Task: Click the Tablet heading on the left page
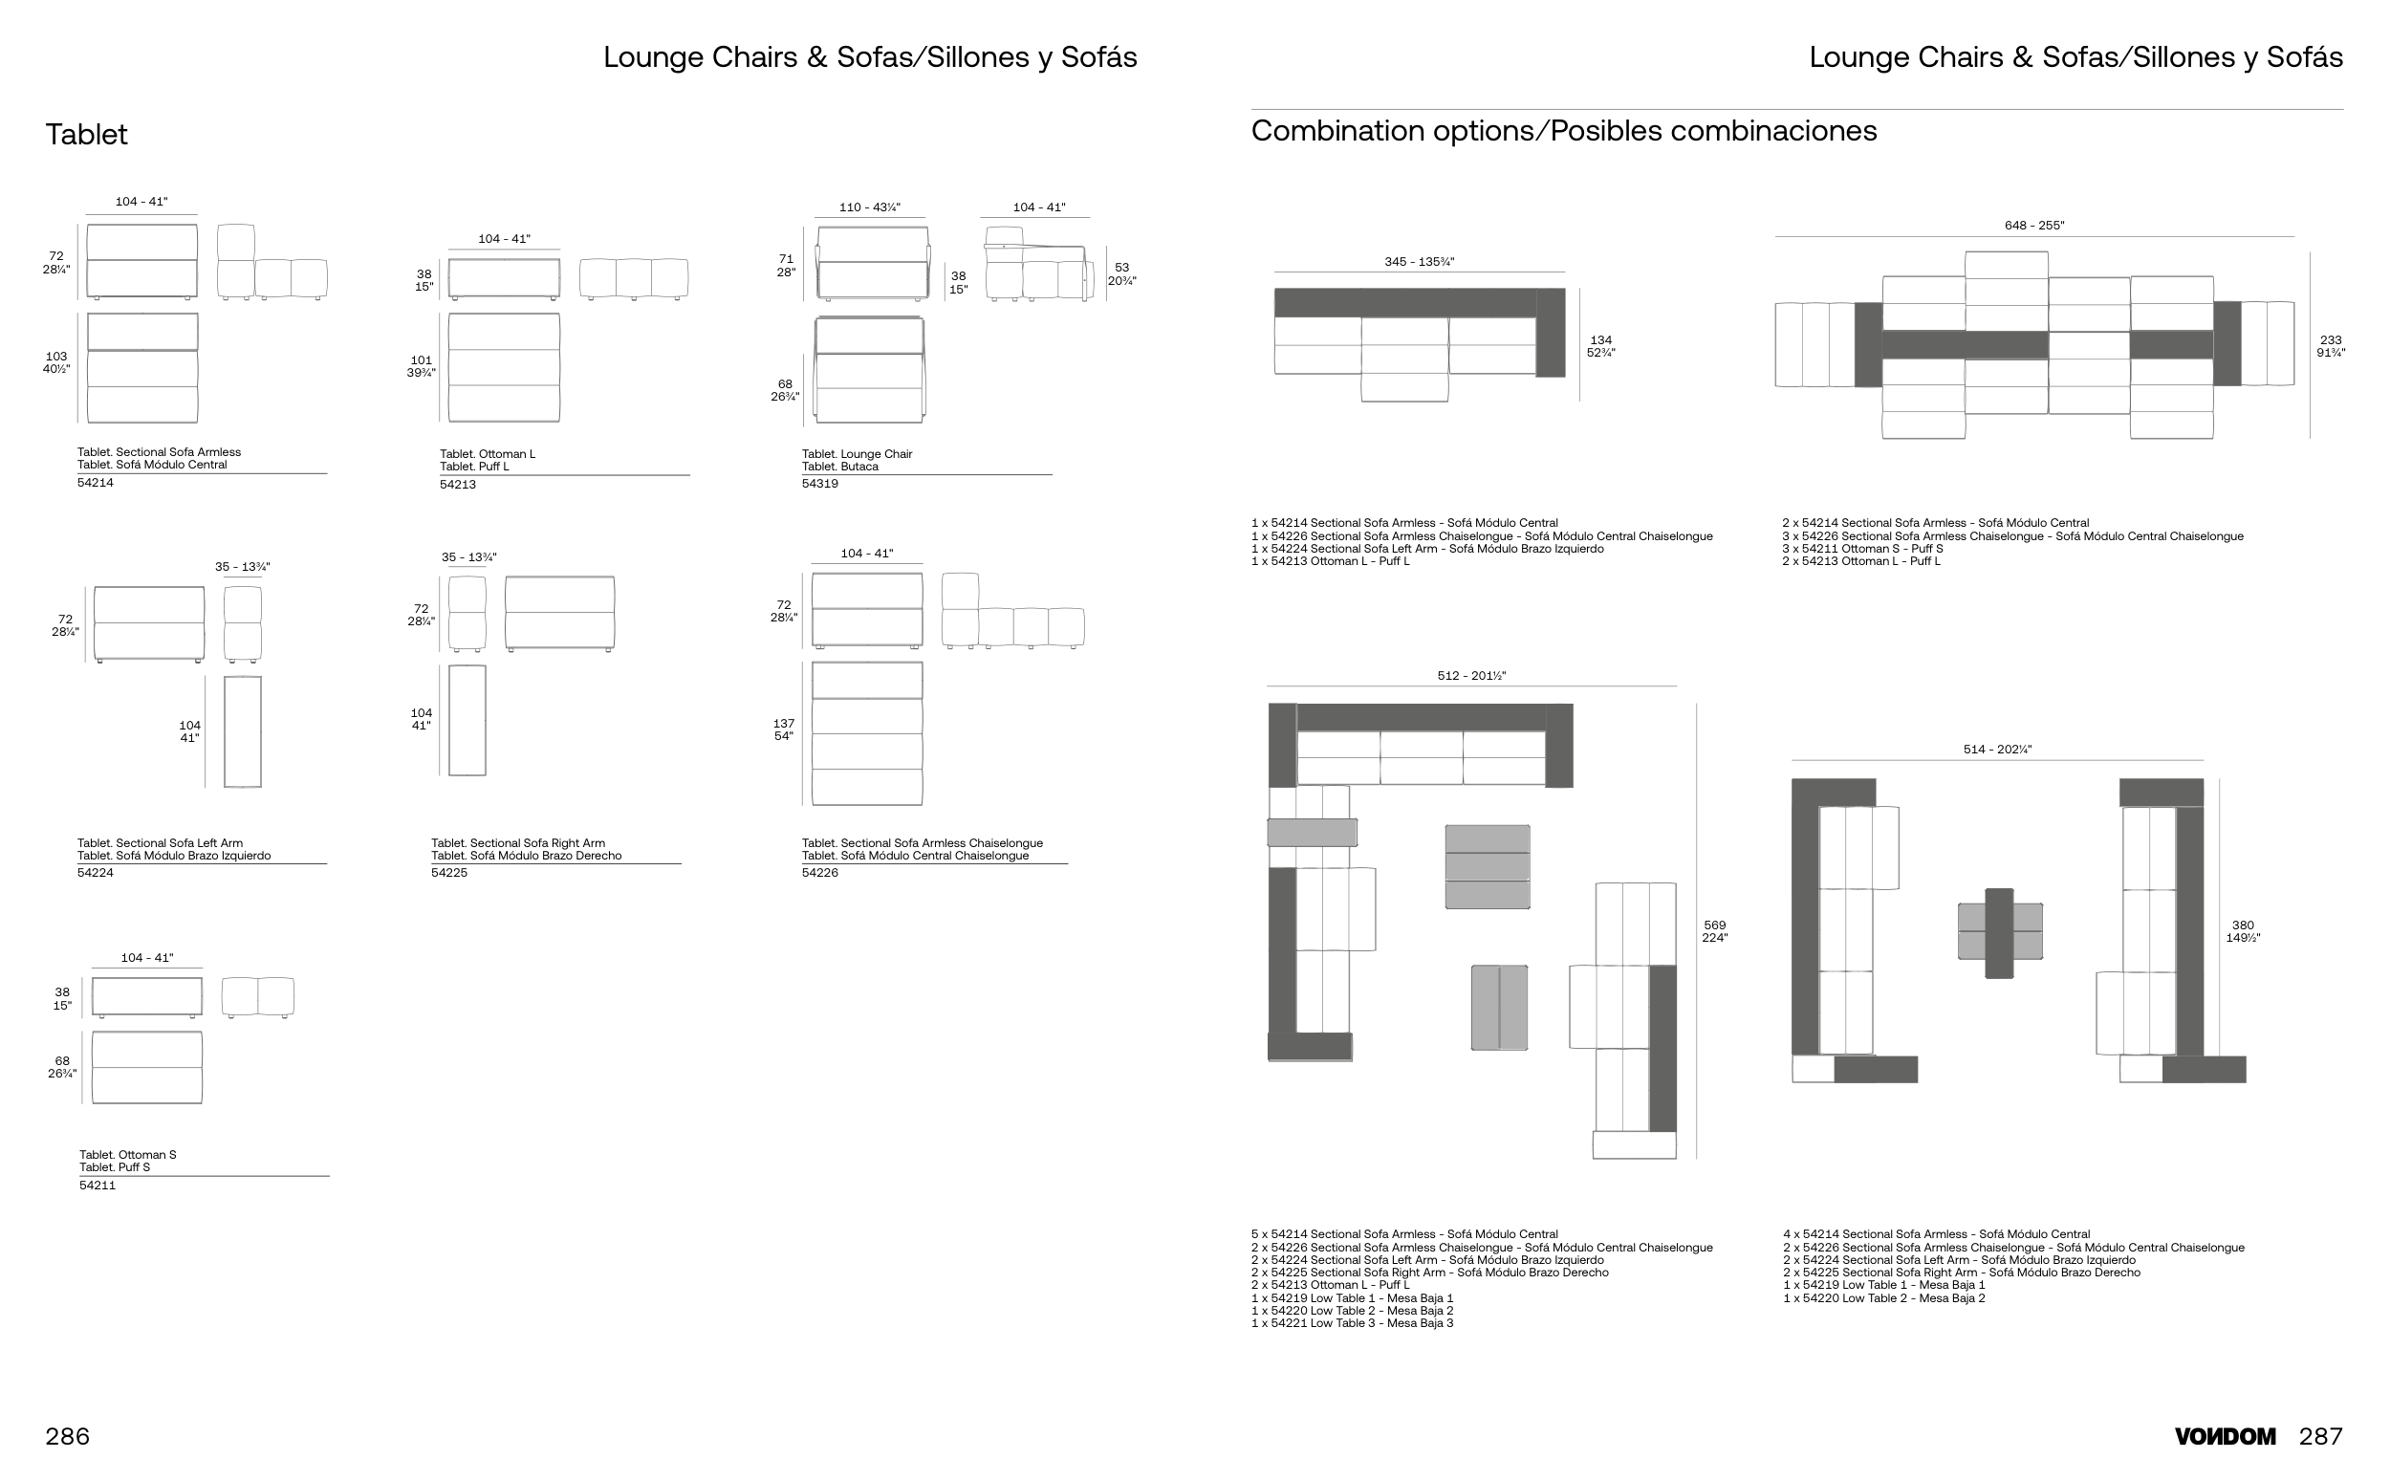(86, 134)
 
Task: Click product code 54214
(95, 483)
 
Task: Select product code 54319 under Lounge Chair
(820, 484)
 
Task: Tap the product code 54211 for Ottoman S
(97, 1186)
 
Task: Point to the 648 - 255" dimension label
(2033, 225)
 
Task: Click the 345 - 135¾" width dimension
(1419, 261)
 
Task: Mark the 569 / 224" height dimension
(1715, 931)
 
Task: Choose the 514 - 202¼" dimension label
(1997, 750)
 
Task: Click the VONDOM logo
(2225, 1437)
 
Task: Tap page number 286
(68, 1436)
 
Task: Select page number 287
(2320, 1436)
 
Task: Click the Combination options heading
(1564, 131)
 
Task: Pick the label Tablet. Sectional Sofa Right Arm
(518, 843)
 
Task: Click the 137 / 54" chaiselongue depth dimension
(784, 730)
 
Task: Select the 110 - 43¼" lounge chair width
(869, 207)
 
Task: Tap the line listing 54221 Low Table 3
(1352, 1323)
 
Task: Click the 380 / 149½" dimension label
(2242, 931)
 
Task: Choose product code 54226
(820, 873)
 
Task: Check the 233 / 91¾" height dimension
(2331, 346)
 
